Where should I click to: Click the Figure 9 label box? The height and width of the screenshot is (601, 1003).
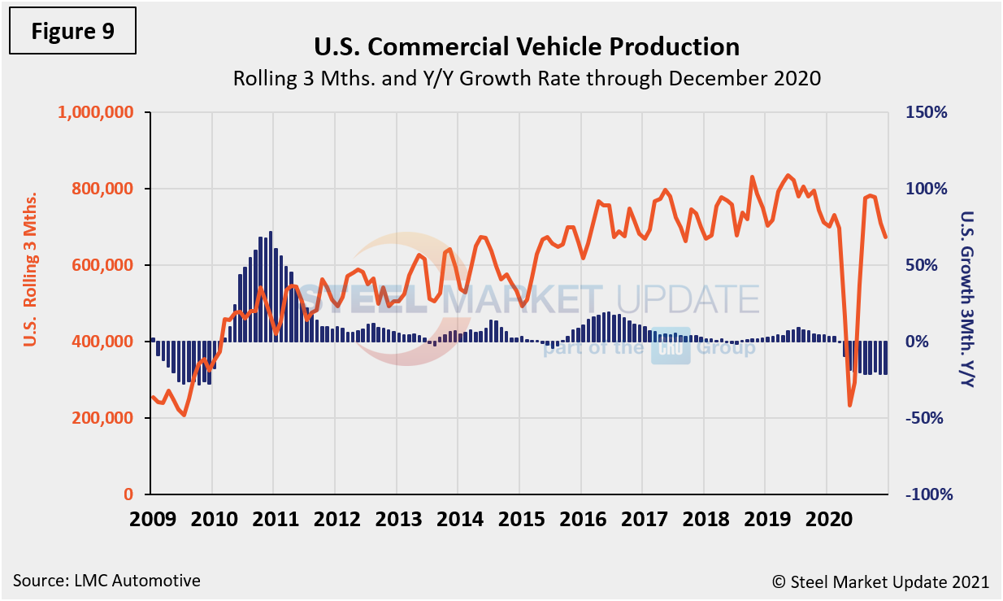coord(72,32)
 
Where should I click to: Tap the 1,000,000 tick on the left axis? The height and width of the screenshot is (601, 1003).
coord(95,112)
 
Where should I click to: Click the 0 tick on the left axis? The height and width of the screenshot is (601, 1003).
coord(128,494)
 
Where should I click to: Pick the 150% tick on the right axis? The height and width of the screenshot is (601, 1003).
coord(927,112)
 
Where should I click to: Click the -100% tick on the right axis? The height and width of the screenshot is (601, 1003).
coord(926,494)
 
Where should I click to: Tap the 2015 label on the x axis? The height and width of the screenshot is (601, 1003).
coord(519,520)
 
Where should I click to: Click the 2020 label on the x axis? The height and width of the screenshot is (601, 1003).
coord(827,520)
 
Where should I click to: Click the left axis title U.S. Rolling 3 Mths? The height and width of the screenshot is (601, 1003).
coord(31,269)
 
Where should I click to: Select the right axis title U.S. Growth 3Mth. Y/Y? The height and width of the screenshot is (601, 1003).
coord(966,299)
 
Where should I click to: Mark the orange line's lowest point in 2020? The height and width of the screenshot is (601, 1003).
coord(849,405)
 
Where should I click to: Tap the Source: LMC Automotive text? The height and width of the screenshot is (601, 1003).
coord(106,581)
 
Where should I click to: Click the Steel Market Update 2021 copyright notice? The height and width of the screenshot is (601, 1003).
coord(880,581)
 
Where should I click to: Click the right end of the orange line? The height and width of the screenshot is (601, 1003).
coord(885,237)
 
